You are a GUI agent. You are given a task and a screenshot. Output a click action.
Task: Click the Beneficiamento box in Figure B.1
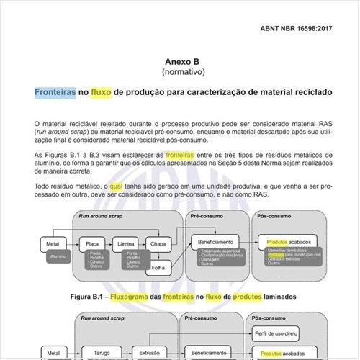coord(217,243)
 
